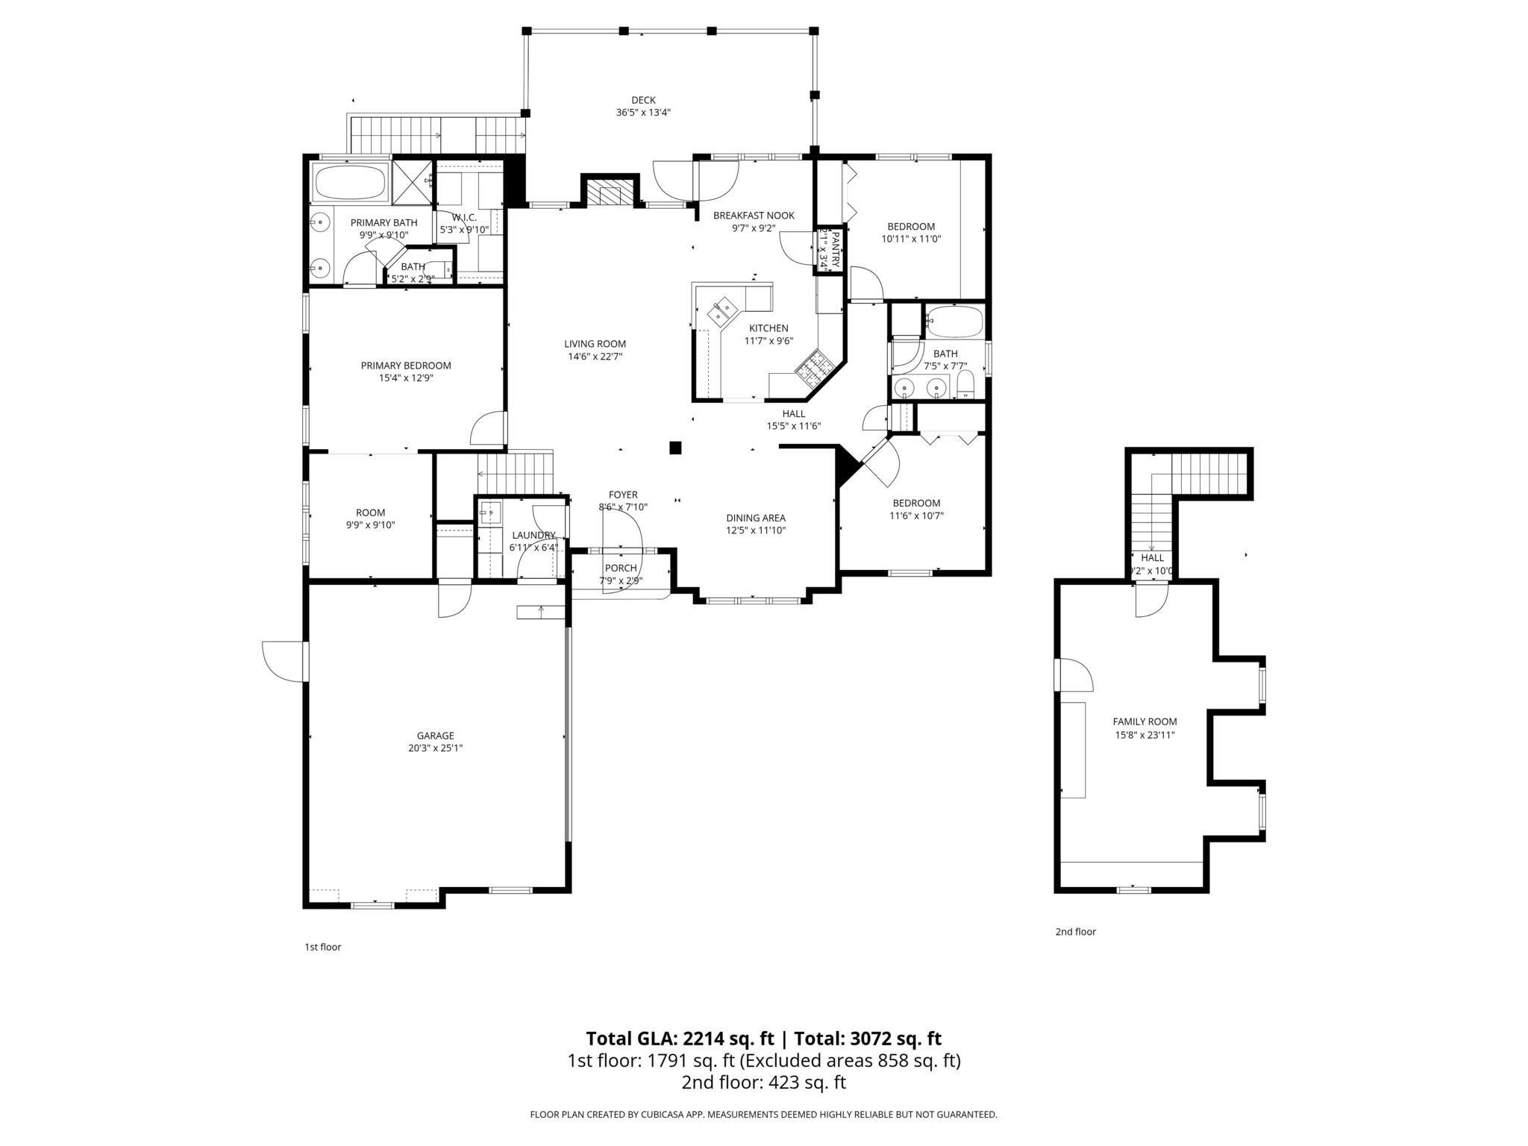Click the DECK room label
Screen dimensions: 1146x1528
click(642, 100)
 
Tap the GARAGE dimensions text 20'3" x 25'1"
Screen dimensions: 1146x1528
click(435, 748)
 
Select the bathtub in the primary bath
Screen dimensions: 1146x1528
click(349, 182)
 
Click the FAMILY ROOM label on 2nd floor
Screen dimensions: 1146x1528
click(1145, 721)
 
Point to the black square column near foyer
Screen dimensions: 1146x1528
click(675, 448)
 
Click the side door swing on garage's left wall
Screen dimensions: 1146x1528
click(284, 661)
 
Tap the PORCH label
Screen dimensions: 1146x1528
click(621, 569)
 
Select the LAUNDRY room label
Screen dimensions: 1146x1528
click(533, 535)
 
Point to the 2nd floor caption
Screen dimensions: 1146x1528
click(1075, 931)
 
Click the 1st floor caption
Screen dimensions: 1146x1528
click(322, 947)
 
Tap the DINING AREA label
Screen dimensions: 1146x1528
click(756, 518)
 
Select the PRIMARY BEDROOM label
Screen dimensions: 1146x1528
click(406, 366)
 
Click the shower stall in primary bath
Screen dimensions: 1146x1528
click(412, 182)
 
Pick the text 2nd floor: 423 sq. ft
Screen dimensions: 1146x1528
click(763, 1083)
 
